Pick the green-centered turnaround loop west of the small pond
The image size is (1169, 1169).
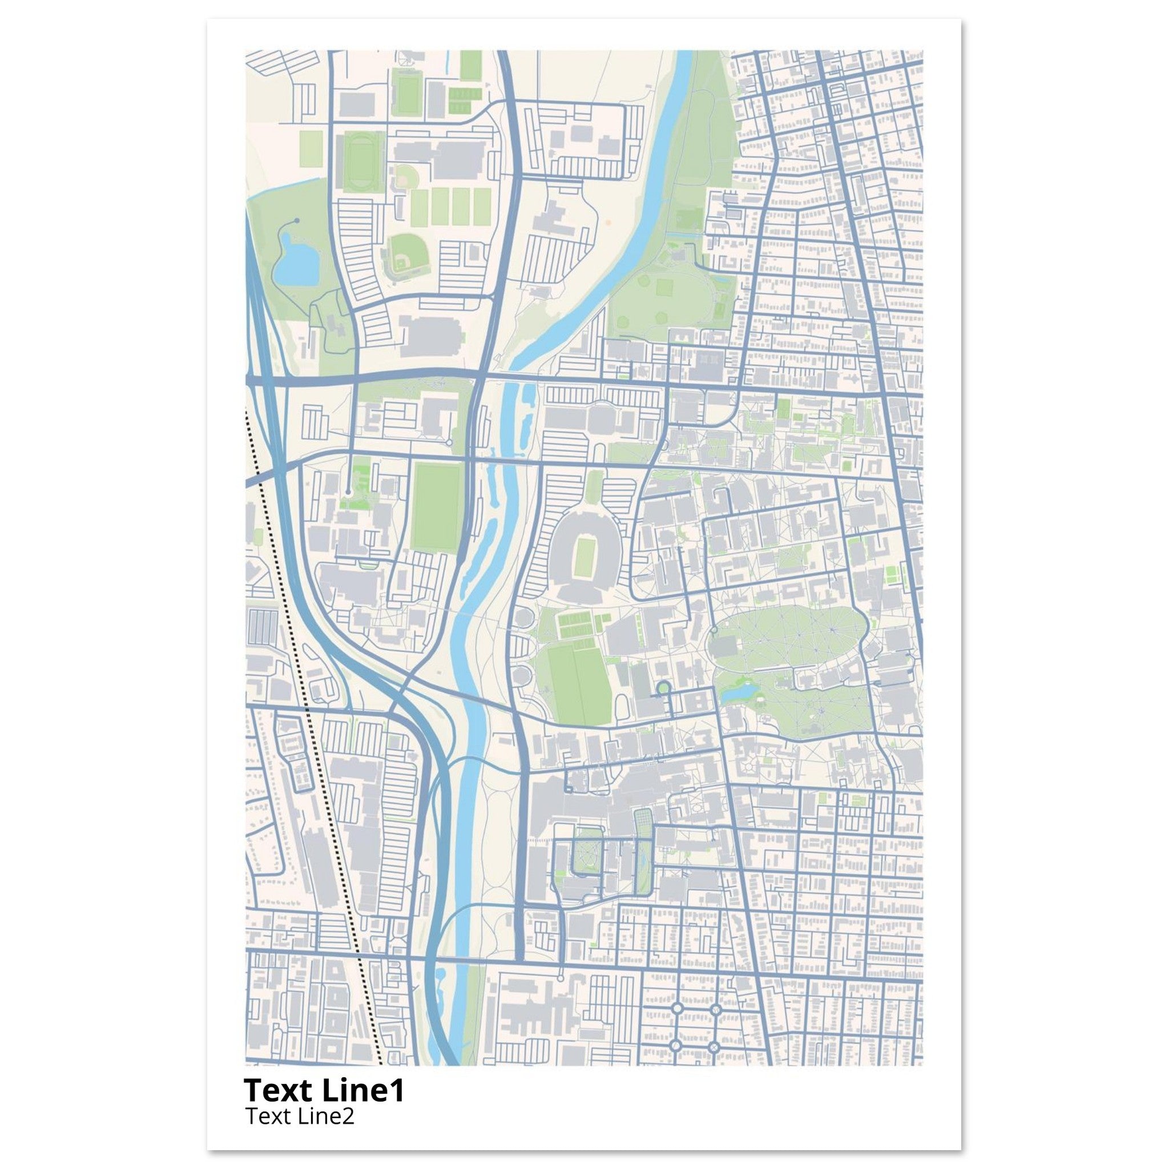coord(663,687)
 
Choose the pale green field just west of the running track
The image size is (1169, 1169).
coord(312,148)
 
